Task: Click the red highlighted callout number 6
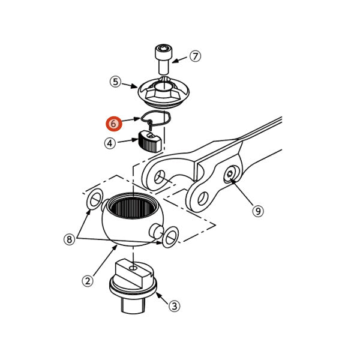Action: (x=113, y=124)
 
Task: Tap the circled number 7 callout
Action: (x=195, y=56)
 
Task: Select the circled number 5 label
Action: (x=115, y=82)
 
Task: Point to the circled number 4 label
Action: (x=110, y=143)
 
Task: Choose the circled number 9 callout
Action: (x=258, y=211)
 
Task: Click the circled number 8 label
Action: (x=70, y=239)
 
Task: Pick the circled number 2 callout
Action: (x=88, y=281)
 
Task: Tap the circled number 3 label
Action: (x=174, y=306)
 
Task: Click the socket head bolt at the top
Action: (x=163, y=59)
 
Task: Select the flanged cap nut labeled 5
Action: (x=164, y=92)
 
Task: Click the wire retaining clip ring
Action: (x=156, y=118)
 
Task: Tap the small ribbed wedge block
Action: (x=150, y=142)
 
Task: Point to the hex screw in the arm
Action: (x=230, y=175)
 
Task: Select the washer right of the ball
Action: (x=170, y=237)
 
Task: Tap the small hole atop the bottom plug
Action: (x=133, y=268)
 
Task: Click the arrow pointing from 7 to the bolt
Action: (x=179, y=60)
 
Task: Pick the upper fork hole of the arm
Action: (x=160, y=177)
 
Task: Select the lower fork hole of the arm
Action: (x=203, y=198)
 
